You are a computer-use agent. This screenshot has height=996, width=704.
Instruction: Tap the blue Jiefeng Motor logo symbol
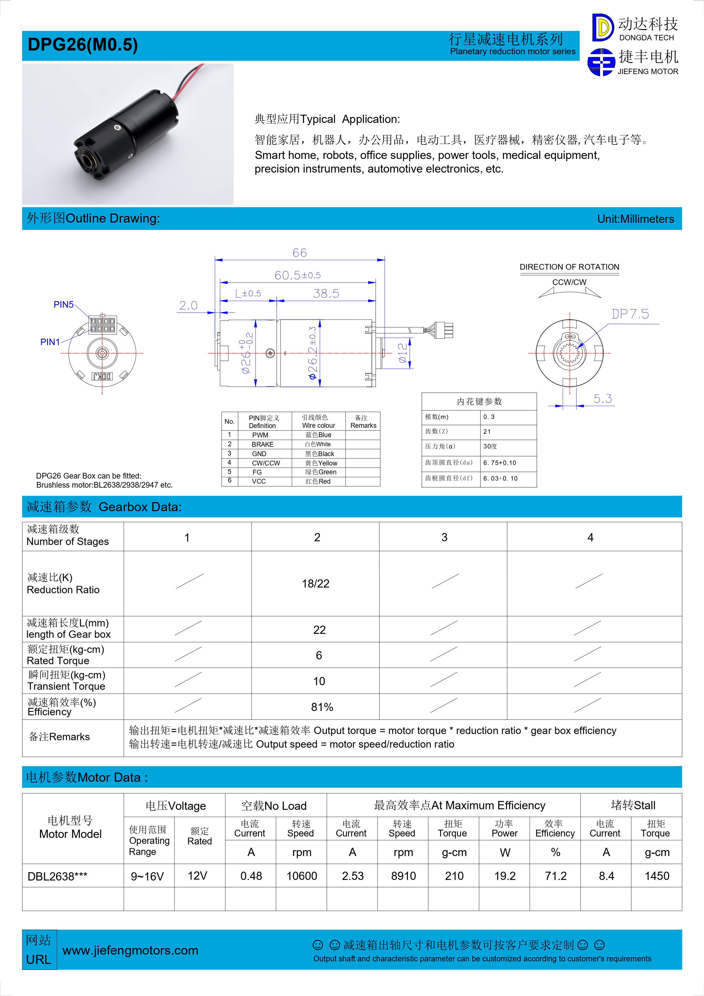point(601,62)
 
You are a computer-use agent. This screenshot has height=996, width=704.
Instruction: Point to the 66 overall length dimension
point(299,253)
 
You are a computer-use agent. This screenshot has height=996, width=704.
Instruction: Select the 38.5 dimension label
point(326,294)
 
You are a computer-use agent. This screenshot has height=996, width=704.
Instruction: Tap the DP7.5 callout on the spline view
point(630,314)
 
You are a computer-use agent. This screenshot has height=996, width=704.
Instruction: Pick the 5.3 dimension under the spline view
point(602,399)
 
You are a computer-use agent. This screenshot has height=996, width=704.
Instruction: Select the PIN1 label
point(50,342)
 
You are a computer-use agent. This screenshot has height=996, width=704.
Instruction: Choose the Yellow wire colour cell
point(321,463)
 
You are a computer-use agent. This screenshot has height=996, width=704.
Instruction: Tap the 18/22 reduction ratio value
point(315,584)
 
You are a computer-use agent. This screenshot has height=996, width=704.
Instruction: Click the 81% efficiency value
point(322,707)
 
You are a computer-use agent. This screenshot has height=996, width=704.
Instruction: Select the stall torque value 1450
point(657,876)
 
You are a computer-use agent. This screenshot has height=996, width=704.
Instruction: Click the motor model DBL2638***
point(57,876)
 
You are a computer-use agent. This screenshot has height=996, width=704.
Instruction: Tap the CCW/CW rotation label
point(569,282)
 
